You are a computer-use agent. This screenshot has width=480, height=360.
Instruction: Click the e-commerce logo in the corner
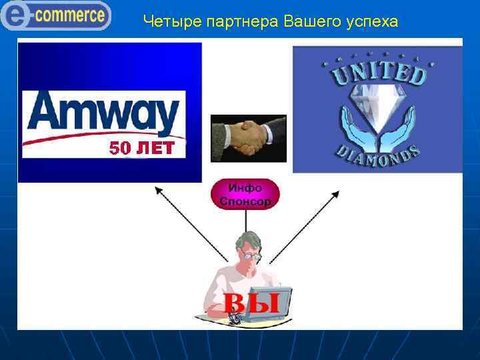pyautogui.click(x=56, y=15)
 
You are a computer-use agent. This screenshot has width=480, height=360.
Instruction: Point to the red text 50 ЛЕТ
pyautogui.click(x=141, y=148)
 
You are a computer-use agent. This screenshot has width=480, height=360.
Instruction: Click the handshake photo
pyautogui.click(x=248, y=138)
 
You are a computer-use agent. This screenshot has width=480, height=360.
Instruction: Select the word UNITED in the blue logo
pyautogui.click(x=378, y=72)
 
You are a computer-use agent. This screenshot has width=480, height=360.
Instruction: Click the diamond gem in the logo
pyautogui.click(x=377, y=109)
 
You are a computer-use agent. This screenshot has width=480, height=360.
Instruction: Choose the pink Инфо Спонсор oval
pyautogui.click(x=245, y=194)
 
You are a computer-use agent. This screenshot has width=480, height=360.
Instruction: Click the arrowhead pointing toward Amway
pyautogui.click(x=159, y=190)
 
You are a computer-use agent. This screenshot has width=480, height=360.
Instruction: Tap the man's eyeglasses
pyautogui.click(x=252, y=255)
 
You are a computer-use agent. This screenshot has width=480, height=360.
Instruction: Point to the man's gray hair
pyautogui.click(x=245, y=239)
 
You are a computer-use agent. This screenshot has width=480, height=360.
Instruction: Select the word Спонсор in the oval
pyautogui.click(x=245, y=201)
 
